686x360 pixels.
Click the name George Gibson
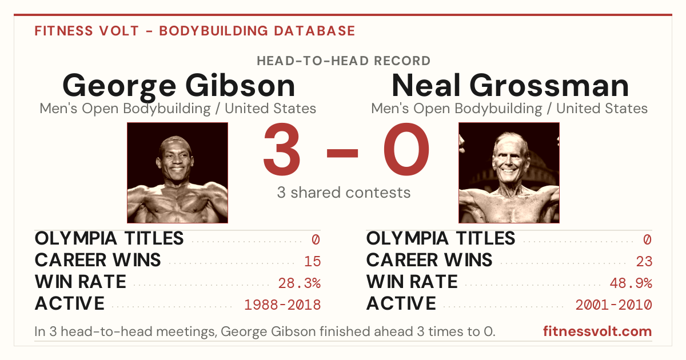pyautogui.click(x=179, y=86)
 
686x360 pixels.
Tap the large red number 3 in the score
pyautogui.click(x=281, y=149)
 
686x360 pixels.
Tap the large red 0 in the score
pyautogui.click(x=406, y=149)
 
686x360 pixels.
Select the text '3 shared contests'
pyautogui.click(x=344, y=193)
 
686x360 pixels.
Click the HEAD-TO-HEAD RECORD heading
pyautogui.click(x=344, y=61)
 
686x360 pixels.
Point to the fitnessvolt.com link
pyautogui.click(x=597, y=331)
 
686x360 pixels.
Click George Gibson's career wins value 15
pyautogui.click(x=312, y=261)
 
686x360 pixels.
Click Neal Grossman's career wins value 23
pyautogui.click(x=644, y=261)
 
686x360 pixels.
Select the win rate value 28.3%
pyautogui.click(x=299, y=283)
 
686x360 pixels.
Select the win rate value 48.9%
pyautogui.click(x=631, y=283)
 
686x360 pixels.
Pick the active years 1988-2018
pyautogui.click(x=282, y=305)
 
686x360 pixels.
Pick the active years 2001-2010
pyautogui.click(x=614, y=305)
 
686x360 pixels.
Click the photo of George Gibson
pyautogui.click(x=178, y=173)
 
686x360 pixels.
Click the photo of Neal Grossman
pyautogui.click(x=509, y=173)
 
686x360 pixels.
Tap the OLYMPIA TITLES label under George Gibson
pyautogui.click(x=109, y=238)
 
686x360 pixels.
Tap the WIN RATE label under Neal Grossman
pyautogui.click(x=412, y=282)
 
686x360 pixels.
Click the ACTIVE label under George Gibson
pyautogui.click(x=70, y=303)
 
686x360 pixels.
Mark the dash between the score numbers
pyautogui.click(x=342, y=153)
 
